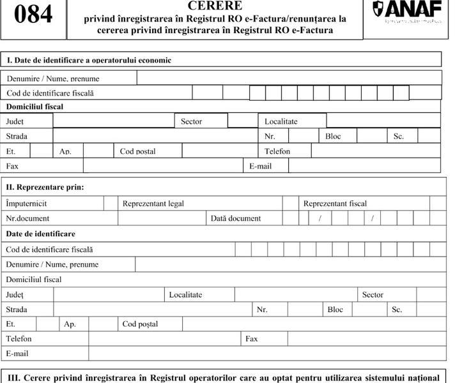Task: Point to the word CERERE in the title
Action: click(x=215, y=6)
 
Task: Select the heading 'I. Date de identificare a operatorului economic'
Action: click(x=89, y=60)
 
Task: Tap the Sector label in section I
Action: click(x=191, y=121)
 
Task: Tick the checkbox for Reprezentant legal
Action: click(x=291, y=204)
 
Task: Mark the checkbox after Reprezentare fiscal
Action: click(x=438, y=204)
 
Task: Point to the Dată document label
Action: click(x=236, y=218)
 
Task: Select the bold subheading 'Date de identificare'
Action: click(x=40, y=234)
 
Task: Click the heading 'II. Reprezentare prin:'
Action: click(x=45, y=188)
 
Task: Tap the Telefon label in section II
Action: click(x=19, y=339)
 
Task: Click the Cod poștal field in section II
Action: click(x=313, y=324)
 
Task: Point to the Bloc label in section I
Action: click(x=333, y=136)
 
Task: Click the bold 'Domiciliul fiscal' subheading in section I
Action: click(x=35, y=107)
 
